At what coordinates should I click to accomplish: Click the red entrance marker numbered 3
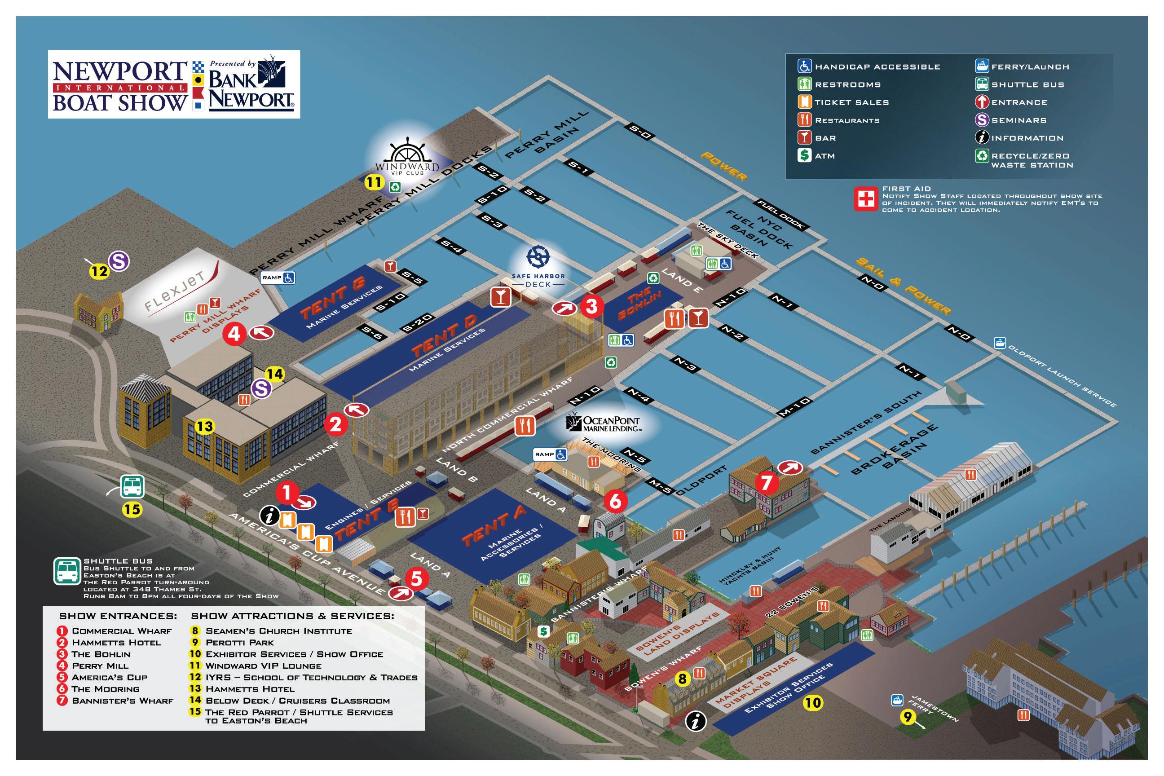(591, 306)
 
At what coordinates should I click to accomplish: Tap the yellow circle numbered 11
(374, 182)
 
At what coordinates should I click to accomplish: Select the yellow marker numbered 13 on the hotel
(204, 426)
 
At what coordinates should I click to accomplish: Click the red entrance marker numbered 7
(766, 482)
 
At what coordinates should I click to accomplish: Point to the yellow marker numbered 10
(813, 702)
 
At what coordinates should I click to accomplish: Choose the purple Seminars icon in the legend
(982, 120)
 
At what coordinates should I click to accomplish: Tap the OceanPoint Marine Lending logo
(603, 423)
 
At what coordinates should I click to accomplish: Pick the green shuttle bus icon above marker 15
(132, 486)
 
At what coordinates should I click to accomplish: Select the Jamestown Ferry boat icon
(896, 700)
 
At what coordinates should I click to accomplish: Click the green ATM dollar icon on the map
(544, 631)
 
